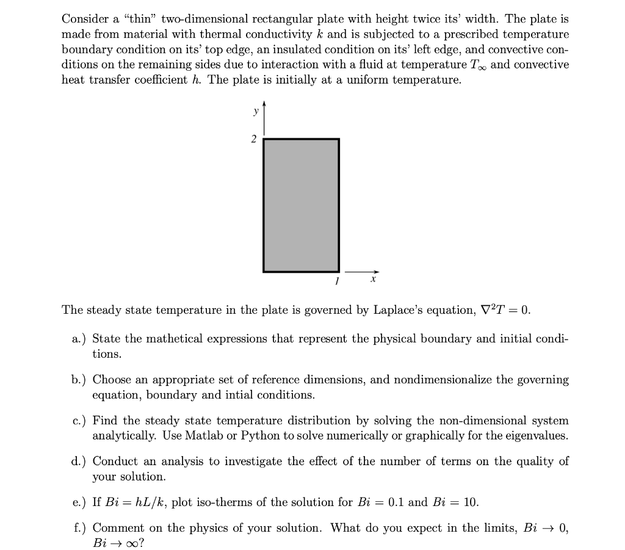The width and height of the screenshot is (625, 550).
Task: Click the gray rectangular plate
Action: [301, 205]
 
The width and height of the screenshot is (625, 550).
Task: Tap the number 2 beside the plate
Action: [254, 139]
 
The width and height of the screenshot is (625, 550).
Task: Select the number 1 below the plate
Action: [336, 281]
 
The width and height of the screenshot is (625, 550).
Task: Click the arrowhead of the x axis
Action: [377, 272]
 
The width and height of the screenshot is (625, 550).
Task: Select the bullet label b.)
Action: [77, 380]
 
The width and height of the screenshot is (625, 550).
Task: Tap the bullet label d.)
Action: [77, 461]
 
